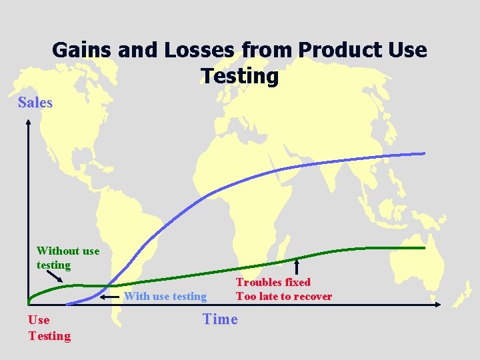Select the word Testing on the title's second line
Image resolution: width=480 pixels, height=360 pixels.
[239, 76]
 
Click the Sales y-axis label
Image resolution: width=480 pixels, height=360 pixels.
[35, 102]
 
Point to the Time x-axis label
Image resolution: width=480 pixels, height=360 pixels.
[220, 319]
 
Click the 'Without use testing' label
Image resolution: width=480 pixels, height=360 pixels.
[67, 257]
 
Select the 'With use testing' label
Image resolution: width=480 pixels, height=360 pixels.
[165, 296]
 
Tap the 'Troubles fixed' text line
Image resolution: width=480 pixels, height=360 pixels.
[273, 282]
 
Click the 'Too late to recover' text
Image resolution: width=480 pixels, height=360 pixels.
[284, 296]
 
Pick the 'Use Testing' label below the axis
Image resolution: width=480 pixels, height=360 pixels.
[49, 327]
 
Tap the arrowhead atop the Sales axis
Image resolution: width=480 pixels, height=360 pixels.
[28, 122]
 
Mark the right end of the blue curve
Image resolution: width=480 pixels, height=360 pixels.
[423, 153]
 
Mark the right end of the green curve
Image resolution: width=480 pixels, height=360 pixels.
[423, 248]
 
